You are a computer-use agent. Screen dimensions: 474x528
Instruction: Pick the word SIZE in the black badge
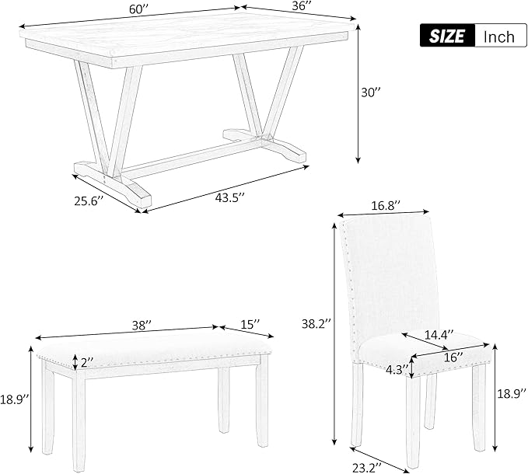coord(449,36)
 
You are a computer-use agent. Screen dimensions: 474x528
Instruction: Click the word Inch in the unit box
coord(498,37)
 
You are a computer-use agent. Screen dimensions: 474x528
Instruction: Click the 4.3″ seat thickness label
coord(395,370)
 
